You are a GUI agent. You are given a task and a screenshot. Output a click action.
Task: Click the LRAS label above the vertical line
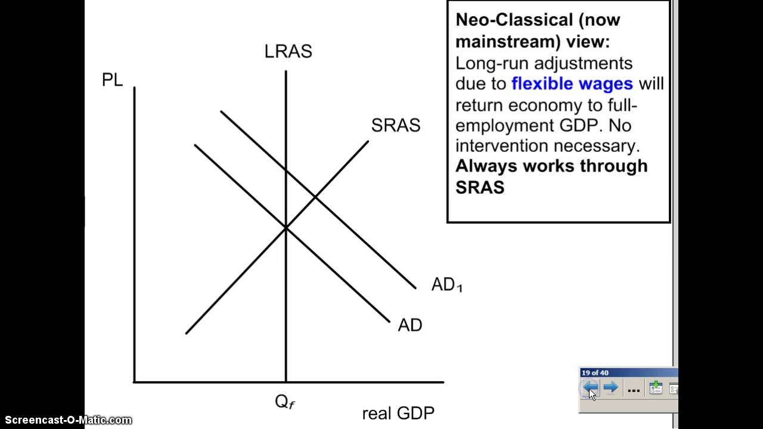[x=288, y=52]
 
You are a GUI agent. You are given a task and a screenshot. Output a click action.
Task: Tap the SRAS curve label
[x=395, y=126]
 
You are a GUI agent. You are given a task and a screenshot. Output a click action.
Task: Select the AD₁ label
[x=446, y=285]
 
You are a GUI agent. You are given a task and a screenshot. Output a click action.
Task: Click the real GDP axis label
[x=398, y=413]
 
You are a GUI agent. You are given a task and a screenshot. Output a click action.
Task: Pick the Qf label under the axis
[x=284, y=402]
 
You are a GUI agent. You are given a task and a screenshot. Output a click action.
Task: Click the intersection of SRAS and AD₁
[x=315, y=197]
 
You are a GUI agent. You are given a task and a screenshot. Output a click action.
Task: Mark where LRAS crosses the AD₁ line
[x=286, y=171]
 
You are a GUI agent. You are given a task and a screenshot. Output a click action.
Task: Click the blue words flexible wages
[x=572, y=84]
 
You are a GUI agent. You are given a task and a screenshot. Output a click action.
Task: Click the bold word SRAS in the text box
[x=480, y=187]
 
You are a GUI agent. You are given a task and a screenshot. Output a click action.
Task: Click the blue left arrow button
[x=590, y=388]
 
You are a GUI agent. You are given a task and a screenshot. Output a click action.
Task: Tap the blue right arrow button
[x=610, y=388]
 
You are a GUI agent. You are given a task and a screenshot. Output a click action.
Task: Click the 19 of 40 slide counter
[x=595, y=373]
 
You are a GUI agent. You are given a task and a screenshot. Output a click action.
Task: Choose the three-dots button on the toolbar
[x=634, y=390]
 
